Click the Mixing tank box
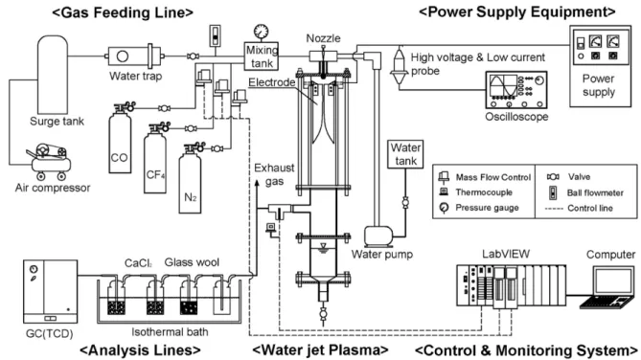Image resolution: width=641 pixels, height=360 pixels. click(x=262, y=56)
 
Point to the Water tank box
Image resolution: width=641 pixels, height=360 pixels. click(x=405, y=154)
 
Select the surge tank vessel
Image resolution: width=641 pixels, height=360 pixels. click(x=53, y=75)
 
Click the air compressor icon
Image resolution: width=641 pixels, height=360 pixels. click(x=50, y=162)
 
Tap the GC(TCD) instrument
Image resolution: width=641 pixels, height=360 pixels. click(x=50, y=291)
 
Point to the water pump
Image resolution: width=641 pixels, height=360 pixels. click(x=378, y=236)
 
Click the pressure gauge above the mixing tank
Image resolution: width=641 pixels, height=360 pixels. click(x=261, y=32)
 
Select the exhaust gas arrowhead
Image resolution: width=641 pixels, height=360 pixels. click(x=257, y=183)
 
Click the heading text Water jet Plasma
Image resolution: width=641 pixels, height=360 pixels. click(x=320, y=350)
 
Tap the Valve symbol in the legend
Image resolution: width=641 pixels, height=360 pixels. click(x=553, y=177)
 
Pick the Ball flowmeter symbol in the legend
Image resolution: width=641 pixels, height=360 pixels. click(x=553, y=192)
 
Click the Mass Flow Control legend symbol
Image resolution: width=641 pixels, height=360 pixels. click(x=444, y=176)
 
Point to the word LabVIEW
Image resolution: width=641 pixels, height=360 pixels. click(x=506, y=254)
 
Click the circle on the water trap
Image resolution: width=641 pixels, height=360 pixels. click(x=123, y=56)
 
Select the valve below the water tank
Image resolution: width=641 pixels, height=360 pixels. click(x=405, y=202)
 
